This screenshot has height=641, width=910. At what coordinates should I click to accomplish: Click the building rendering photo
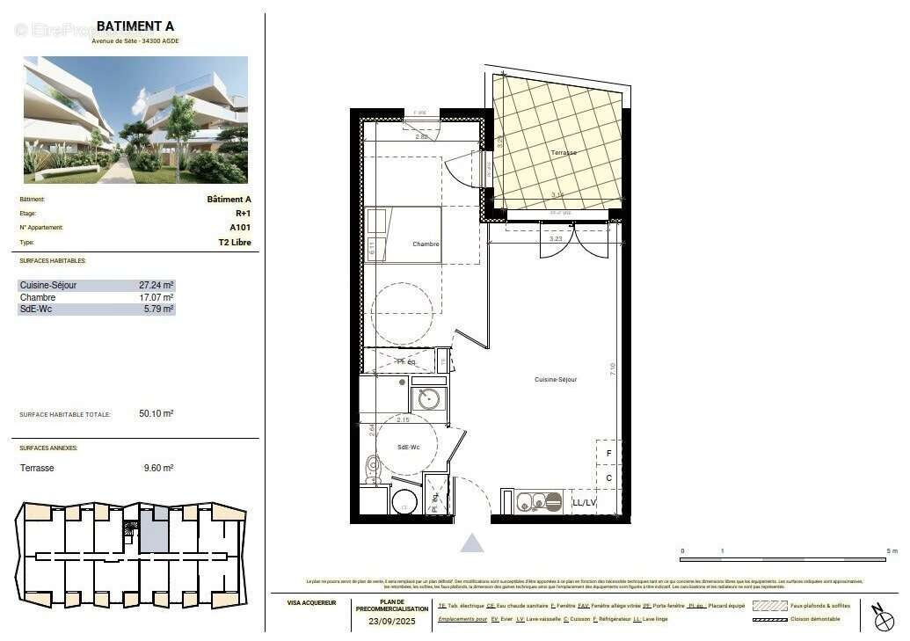[135, 120]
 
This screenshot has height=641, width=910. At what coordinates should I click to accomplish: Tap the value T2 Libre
[235, 242]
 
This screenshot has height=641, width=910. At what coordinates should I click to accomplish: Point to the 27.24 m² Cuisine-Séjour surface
[157, 286]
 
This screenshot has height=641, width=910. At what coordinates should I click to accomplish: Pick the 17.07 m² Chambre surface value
[157, 298]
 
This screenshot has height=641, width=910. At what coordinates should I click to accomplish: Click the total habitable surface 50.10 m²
[156, 413]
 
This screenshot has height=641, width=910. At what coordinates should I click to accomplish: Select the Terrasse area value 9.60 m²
[158, 469]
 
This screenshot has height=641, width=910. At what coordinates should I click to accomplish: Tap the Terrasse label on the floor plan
[564, 153]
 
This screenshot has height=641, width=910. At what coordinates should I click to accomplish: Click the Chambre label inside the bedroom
[426, 244]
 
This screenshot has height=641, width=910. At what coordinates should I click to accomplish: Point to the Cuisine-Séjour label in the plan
[556, 380]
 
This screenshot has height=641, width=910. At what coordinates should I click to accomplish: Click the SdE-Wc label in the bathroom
[407, 448]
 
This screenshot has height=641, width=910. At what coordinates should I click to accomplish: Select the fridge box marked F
[608, 454]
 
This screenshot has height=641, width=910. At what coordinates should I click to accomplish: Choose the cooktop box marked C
[608, 477]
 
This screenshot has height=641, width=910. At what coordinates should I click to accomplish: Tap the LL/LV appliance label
[585, 503]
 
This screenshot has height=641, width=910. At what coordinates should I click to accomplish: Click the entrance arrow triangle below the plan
[472, 543]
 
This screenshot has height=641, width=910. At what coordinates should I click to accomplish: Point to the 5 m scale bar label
[892, 551]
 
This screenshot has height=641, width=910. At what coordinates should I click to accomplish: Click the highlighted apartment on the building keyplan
[154, 533]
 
